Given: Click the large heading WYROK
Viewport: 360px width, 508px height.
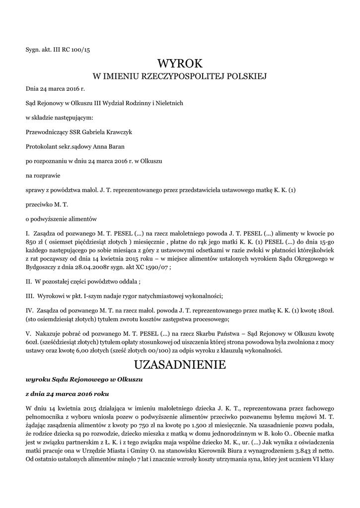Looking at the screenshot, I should [180, 63].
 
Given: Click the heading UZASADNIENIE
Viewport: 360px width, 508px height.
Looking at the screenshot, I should [180, 365].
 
